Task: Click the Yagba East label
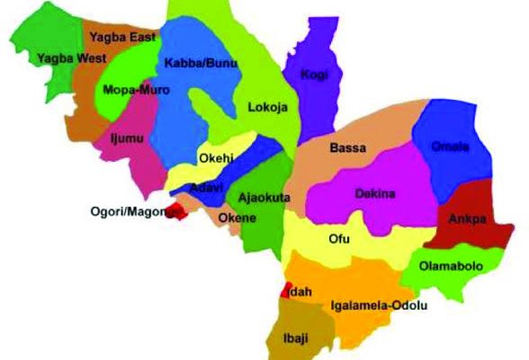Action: pos(122,37)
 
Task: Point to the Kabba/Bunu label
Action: pos(193,63)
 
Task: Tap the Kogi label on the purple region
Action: pos(312,74)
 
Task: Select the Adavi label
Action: pos(208,188)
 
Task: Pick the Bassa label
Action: pos(346,148)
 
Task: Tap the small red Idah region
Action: pos(287,290)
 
